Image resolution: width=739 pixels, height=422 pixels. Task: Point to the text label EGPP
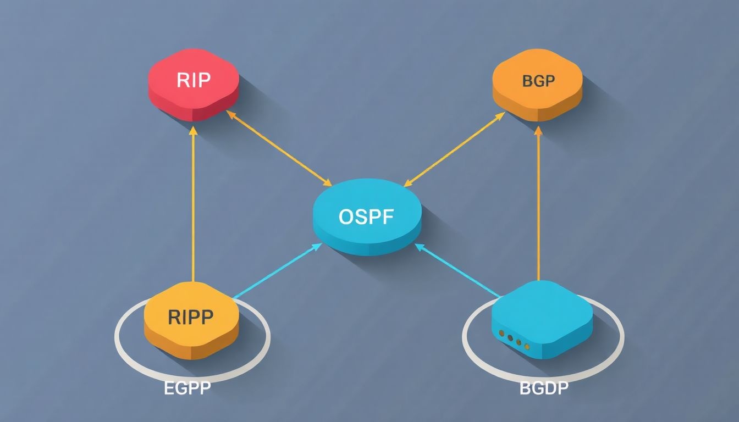[x=187, y=388]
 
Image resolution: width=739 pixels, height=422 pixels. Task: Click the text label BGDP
[x=544, y=388]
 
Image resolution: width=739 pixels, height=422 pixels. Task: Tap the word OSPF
[x=366, y=216]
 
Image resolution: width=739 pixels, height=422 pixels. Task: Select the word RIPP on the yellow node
[x=190, y=317]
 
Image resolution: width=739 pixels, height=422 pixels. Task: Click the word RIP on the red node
[x=194, y=80]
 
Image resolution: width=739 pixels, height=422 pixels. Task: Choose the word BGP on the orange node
[x=538, y=81]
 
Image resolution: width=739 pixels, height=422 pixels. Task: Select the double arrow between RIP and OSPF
[x=279, y=148]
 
